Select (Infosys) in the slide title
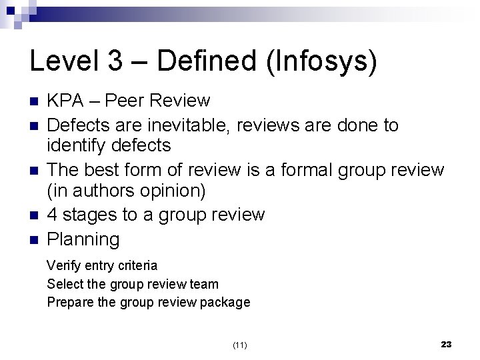[323, 61]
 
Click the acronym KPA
[66, 101]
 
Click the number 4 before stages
[52, 215]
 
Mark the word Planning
[83, 239]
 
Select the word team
[204, 284]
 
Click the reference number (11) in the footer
[240, 345]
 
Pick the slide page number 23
[447, 344]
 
